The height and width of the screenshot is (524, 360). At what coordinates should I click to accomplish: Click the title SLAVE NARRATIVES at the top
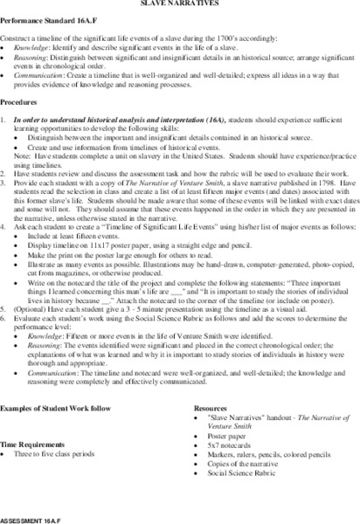[179, 3]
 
